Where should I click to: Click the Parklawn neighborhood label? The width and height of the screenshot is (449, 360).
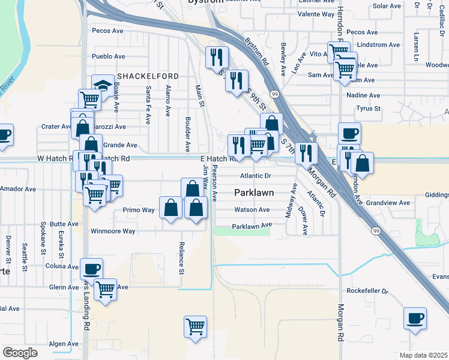point(253,193)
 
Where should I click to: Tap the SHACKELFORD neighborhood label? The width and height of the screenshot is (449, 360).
point(148,76)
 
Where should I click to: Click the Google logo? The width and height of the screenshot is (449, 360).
point(20,353)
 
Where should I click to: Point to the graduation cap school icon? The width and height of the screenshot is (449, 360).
point(103,85)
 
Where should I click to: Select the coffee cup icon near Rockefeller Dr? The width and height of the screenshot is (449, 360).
point(415,318)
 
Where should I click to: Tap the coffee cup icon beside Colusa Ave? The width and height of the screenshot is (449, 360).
point(91,268)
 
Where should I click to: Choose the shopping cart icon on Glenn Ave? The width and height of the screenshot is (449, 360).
point(106,290)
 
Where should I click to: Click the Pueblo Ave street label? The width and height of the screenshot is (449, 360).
point(108,56)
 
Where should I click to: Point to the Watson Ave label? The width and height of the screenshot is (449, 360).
point(252,210)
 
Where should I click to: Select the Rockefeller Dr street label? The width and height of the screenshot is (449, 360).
point(368,291)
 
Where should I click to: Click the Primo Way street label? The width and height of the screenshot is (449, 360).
point(139,210)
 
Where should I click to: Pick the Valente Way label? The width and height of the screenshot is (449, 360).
point(316,14)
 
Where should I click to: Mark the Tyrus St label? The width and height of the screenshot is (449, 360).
point(369,109)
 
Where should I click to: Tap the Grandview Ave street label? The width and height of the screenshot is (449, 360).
point(388,203)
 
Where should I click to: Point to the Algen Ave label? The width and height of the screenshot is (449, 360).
point(64,344)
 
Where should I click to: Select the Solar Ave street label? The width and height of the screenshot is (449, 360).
point(386,6)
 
